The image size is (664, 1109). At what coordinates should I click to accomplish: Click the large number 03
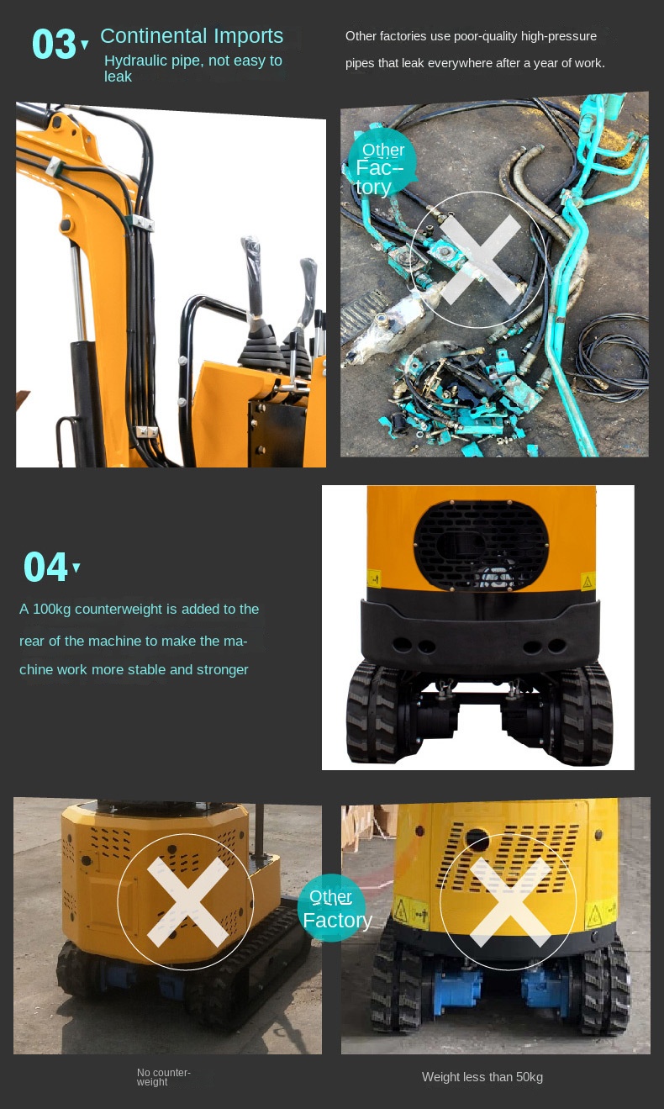(54, 44)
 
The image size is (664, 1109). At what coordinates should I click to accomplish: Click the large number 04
(45, 567)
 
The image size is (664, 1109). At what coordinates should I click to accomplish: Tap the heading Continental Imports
(192, 35)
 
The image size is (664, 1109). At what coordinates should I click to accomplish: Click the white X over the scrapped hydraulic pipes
(479, 260)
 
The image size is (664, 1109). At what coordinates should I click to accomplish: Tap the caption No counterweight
(163, 1077)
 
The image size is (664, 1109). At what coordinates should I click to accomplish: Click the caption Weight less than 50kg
(482, 1077)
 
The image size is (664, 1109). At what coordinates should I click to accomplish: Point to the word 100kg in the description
(51, 609)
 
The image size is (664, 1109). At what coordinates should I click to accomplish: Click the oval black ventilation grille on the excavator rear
(481, 545)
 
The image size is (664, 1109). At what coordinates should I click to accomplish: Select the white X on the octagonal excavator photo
(187, 901)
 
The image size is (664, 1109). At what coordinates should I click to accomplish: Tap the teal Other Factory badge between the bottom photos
(334, 907)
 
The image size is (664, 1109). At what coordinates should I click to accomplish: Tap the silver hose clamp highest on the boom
(54, 167)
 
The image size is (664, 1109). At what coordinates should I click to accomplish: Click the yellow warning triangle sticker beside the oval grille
(588, 582)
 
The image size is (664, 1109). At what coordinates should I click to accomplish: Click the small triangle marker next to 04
(76, 568)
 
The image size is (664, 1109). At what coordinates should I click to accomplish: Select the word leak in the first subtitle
(118, 77)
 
